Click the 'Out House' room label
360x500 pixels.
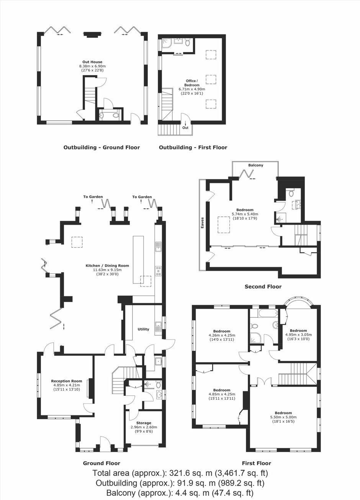point(92,62)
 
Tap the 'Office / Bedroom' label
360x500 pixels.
point(191,83)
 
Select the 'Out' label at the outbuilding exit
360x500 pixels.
point(185,127)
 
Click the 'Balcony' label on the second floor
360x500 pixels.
point(256,165)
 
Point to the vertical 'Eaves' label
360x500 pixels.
point(202,222)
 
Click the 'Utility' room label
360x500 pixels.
point(143,329)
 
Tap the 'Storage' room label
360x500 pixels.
point(144,423)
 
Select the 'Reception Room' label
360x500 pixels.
point(67,381)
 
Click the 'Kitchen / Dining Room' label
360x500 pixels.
point(107,266)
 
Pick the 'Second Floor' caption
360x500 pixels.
point(263,286)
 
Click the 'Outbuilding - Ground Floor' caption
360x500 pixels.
point(101,147)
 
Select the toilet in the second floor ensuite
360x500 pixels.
point(291,193)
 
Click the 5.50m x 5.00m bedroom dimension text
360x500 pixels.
point(283,417)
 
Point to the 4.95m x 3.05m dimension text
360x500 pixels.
point(299,335)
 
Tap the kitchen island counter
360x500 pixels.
point(138,260)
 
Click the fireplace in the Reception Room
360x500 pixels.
point(91,388)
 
